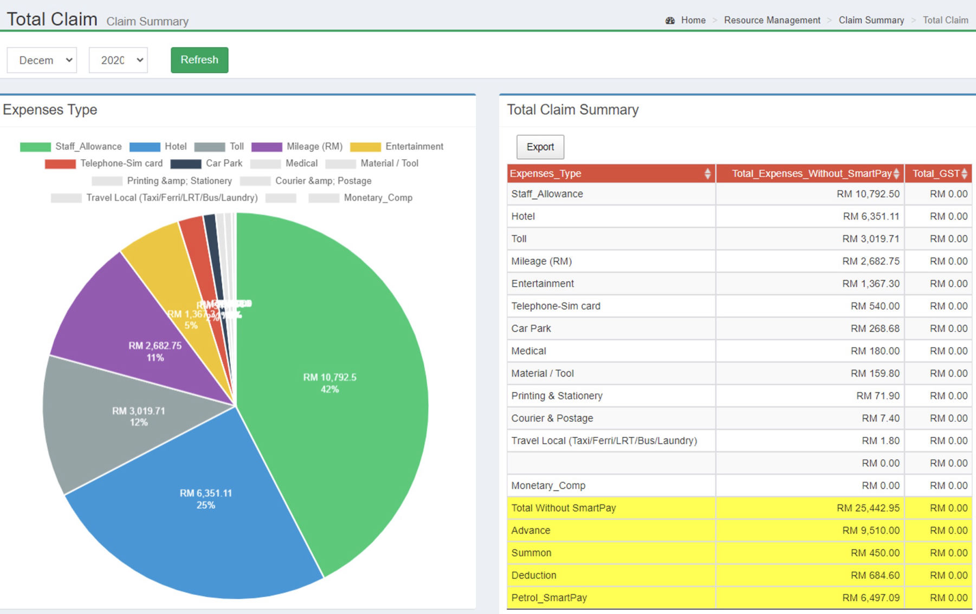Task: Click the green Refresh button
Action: (x=199, y=60)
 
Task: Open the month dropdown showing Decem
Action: (x=42, y=60)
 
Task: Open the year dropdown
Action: (x=118, y=60)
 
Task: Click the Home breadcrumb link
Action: (x=693, y=20)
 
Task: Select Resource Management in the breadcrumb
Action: (x=772, y=20)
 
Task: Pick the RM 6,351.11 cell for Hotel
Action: (x=870, y=216)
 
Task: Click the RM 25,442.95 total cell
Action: (x=868, y=508)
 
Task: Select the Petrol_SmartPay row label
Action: (x=549, y=598)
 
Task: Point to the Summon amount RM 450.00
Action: (x=875, y=553)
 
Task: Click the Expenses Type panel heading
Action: (x=50, y=109)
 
